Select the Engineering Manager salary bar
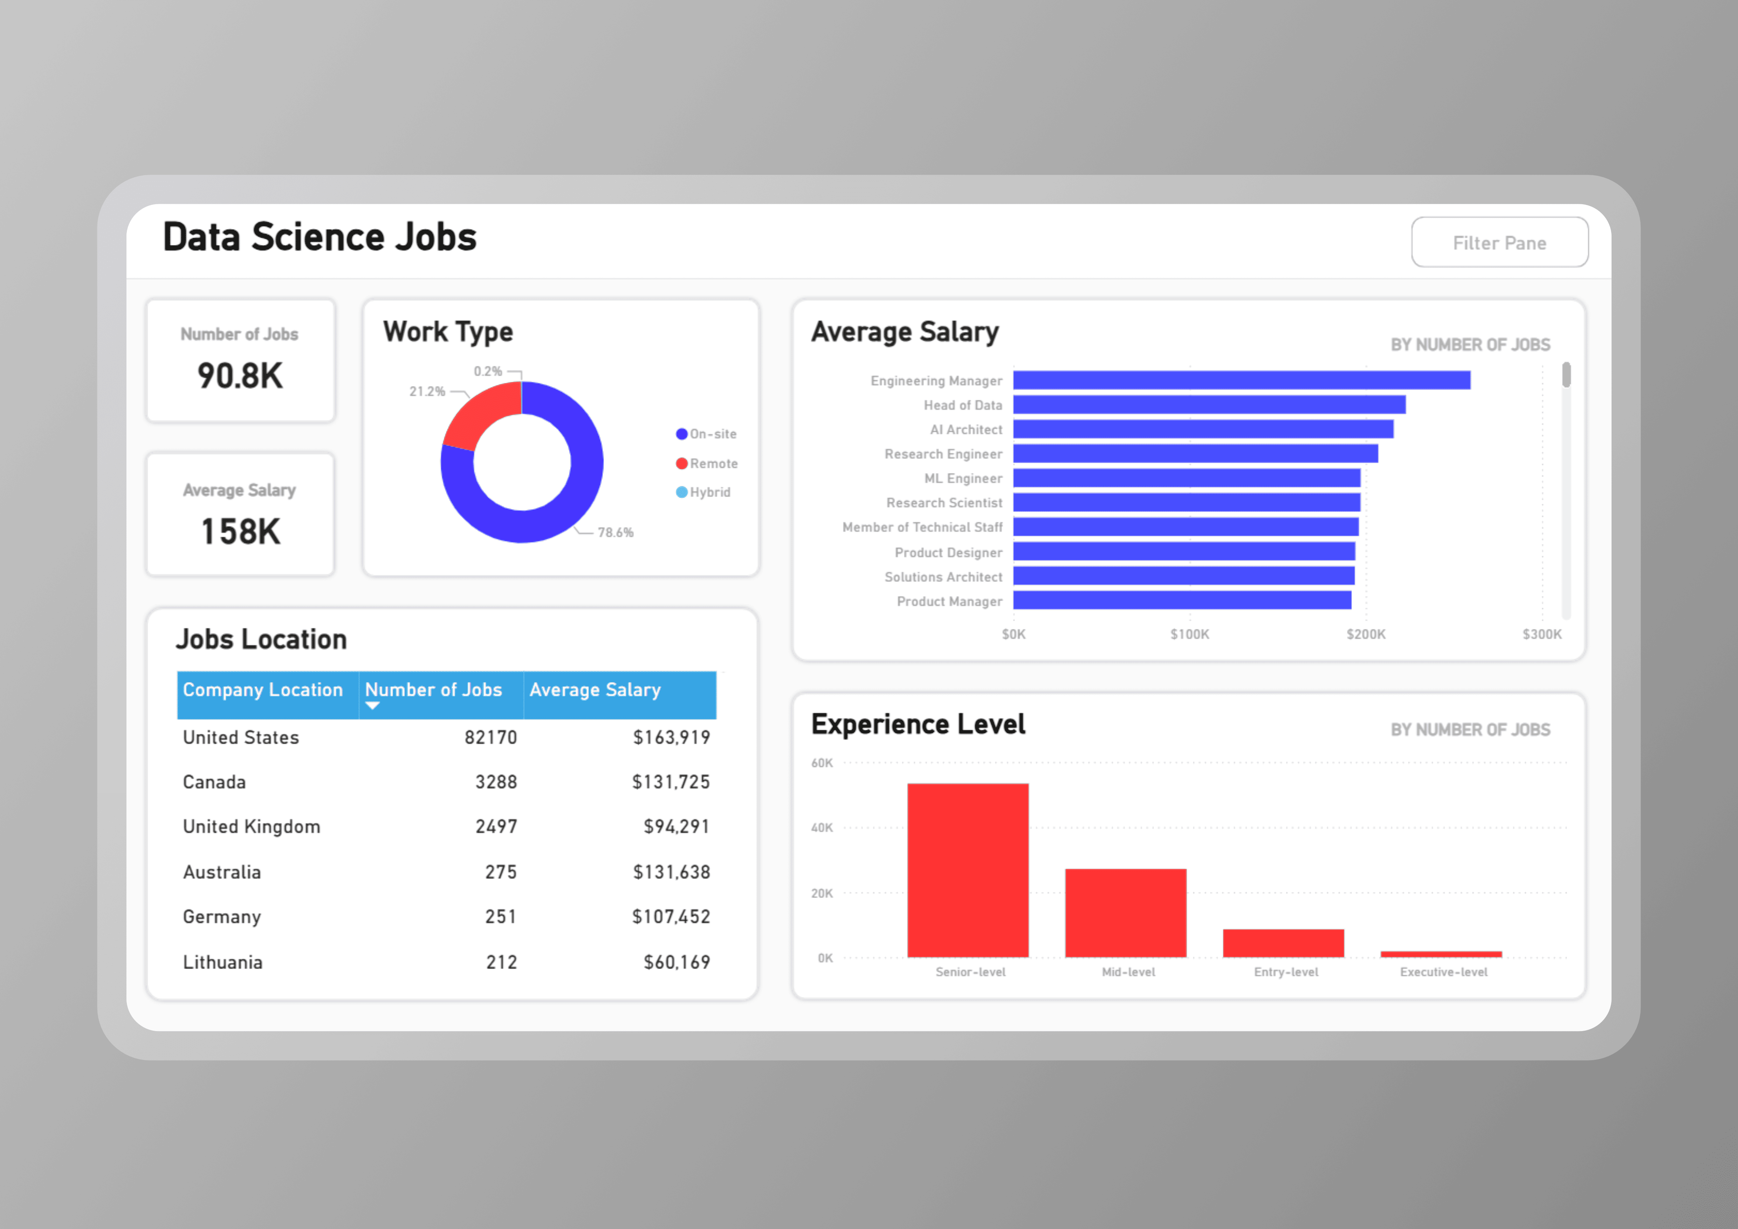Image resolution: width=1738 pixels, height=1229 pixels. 1242,380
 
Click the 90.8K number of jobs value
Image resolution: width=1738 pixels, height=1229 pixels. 240,376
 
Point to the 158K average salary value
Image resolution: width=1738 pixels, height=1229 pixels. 240,531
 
